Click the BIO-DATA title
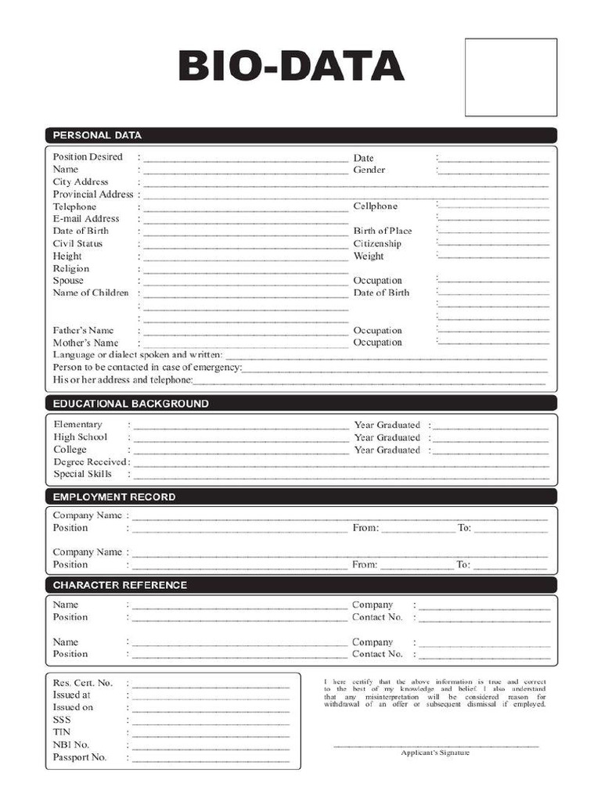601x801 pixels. (x=291, y=66)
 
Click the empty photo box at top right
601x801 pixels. (x=510, y=77)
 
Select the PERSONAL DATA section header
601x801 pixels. (x=97, y=135)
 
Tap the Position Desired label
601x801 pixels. (x=88, y=157)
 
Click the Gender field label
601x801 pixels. (x=369, y=170)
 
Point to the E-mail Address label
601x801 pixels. (x=86, y=219)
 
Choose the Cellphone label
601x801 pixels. (x=375, y=207)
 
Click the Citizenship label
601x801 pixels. (x=376, y=244)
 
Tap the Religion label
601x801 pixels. (x=71, y=268)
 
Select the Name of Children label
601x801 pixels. (x=91, y=293)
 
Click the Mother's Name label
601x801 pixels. (x=85, y=343)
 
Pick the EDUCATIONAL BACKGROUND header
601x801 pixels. (x=131, y=404)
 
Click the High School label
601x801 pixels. (x=80, y=437)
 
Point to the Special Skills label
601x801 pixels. (x=82, y=474)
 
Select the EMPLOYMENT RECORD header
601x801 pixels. (x=114, y=497)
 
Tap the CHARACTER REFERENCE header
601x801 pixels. (x=120, y=585)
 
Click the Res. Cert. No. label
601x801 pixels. (x=83, y=683)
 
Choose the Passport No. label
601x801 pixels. (x=80, y=757)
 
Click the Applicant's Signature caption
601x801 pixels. (x=435, y=753)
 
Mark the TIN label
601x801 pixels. (x=62, y=732)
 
